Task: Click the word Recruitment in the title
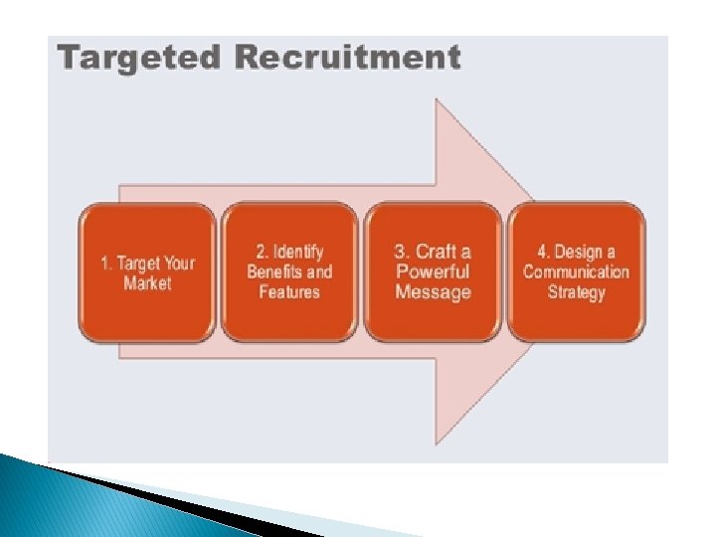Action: [x=348, y=58]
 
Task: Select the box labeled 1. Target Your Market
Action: [x=147, y=272]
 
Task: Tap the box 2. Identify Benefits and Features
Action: [x=289, y=271]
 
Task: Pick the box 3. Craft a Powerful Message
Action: [x=433, y=271]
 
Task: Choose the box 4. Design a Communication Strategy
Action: [x=576, y=271]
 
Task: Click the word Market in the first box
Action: [x=147, y=283]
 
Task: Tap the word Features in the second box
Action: [x=289, y=291]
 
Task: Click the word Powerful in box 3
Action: [x=433, y=271]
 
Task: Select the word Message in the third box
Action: [x=433, y=291]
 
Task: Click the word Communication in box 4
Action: [x=576, y=271]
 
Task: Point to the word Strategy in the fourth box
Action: [x=576, y=291]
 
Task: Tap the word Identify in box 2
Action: [x=298, y=252]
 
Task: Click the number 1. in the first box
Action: [x=106, y=264]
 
